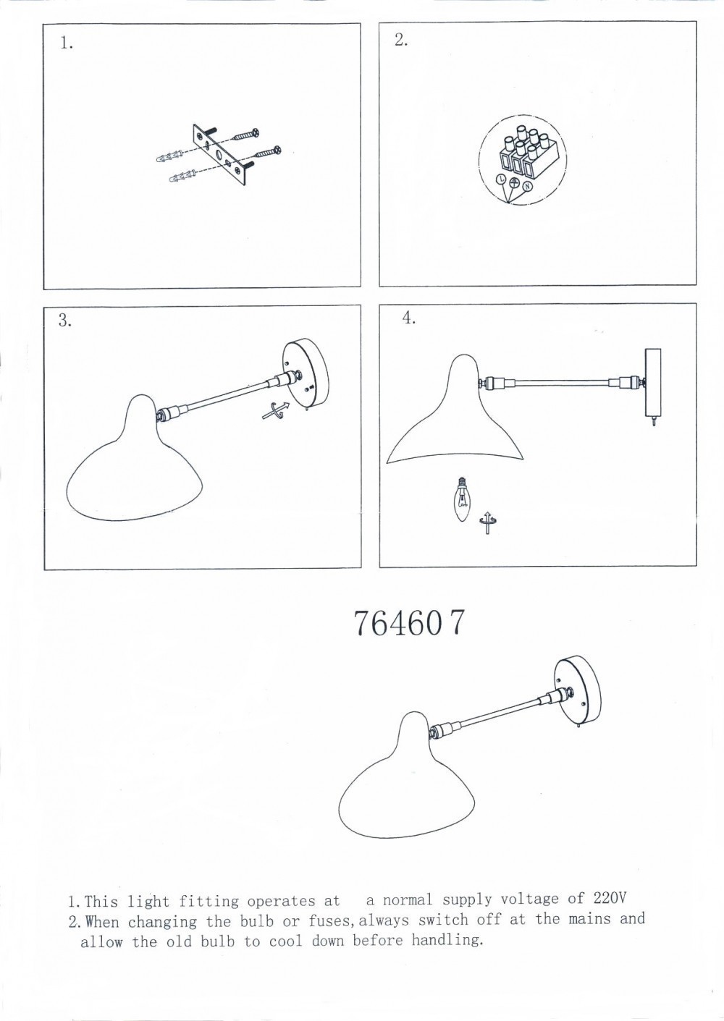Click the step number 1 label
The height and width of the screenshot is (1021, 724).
67,43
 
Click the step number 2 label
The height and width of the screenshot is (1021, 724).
401,40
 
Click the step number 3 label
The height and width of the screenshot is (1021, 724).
65,321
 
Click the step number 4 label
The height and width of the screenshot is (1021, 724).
409,318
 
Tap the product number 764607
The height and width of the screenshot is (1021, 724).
409,624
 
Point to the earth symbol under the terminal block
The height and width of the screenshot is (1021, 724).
514,182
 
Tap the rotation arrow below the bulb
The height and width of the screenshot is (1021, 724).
488,523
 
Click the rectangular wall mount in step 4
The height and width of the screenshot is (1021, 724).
653,383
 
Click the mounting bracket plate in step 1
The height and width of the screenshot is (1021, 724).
219,156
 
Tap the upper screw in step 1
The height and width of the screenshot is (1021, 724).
246,135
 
